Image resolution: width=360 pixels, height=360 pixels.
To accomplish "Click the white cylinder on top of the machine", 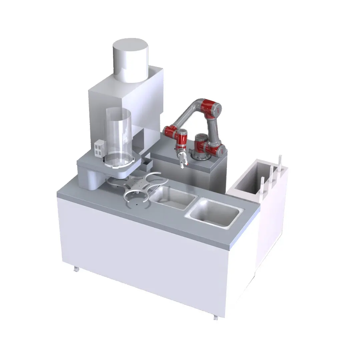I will point(130,60).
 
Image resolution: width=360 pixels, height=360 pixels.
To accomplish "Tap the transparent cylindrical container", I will point(118,133).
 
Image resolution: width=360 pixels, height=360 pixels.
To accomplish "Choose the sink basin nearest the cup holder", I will point(172,198).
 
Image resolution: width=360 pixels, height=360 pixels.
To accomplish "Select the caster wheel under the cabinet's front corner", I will point(216,318).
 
